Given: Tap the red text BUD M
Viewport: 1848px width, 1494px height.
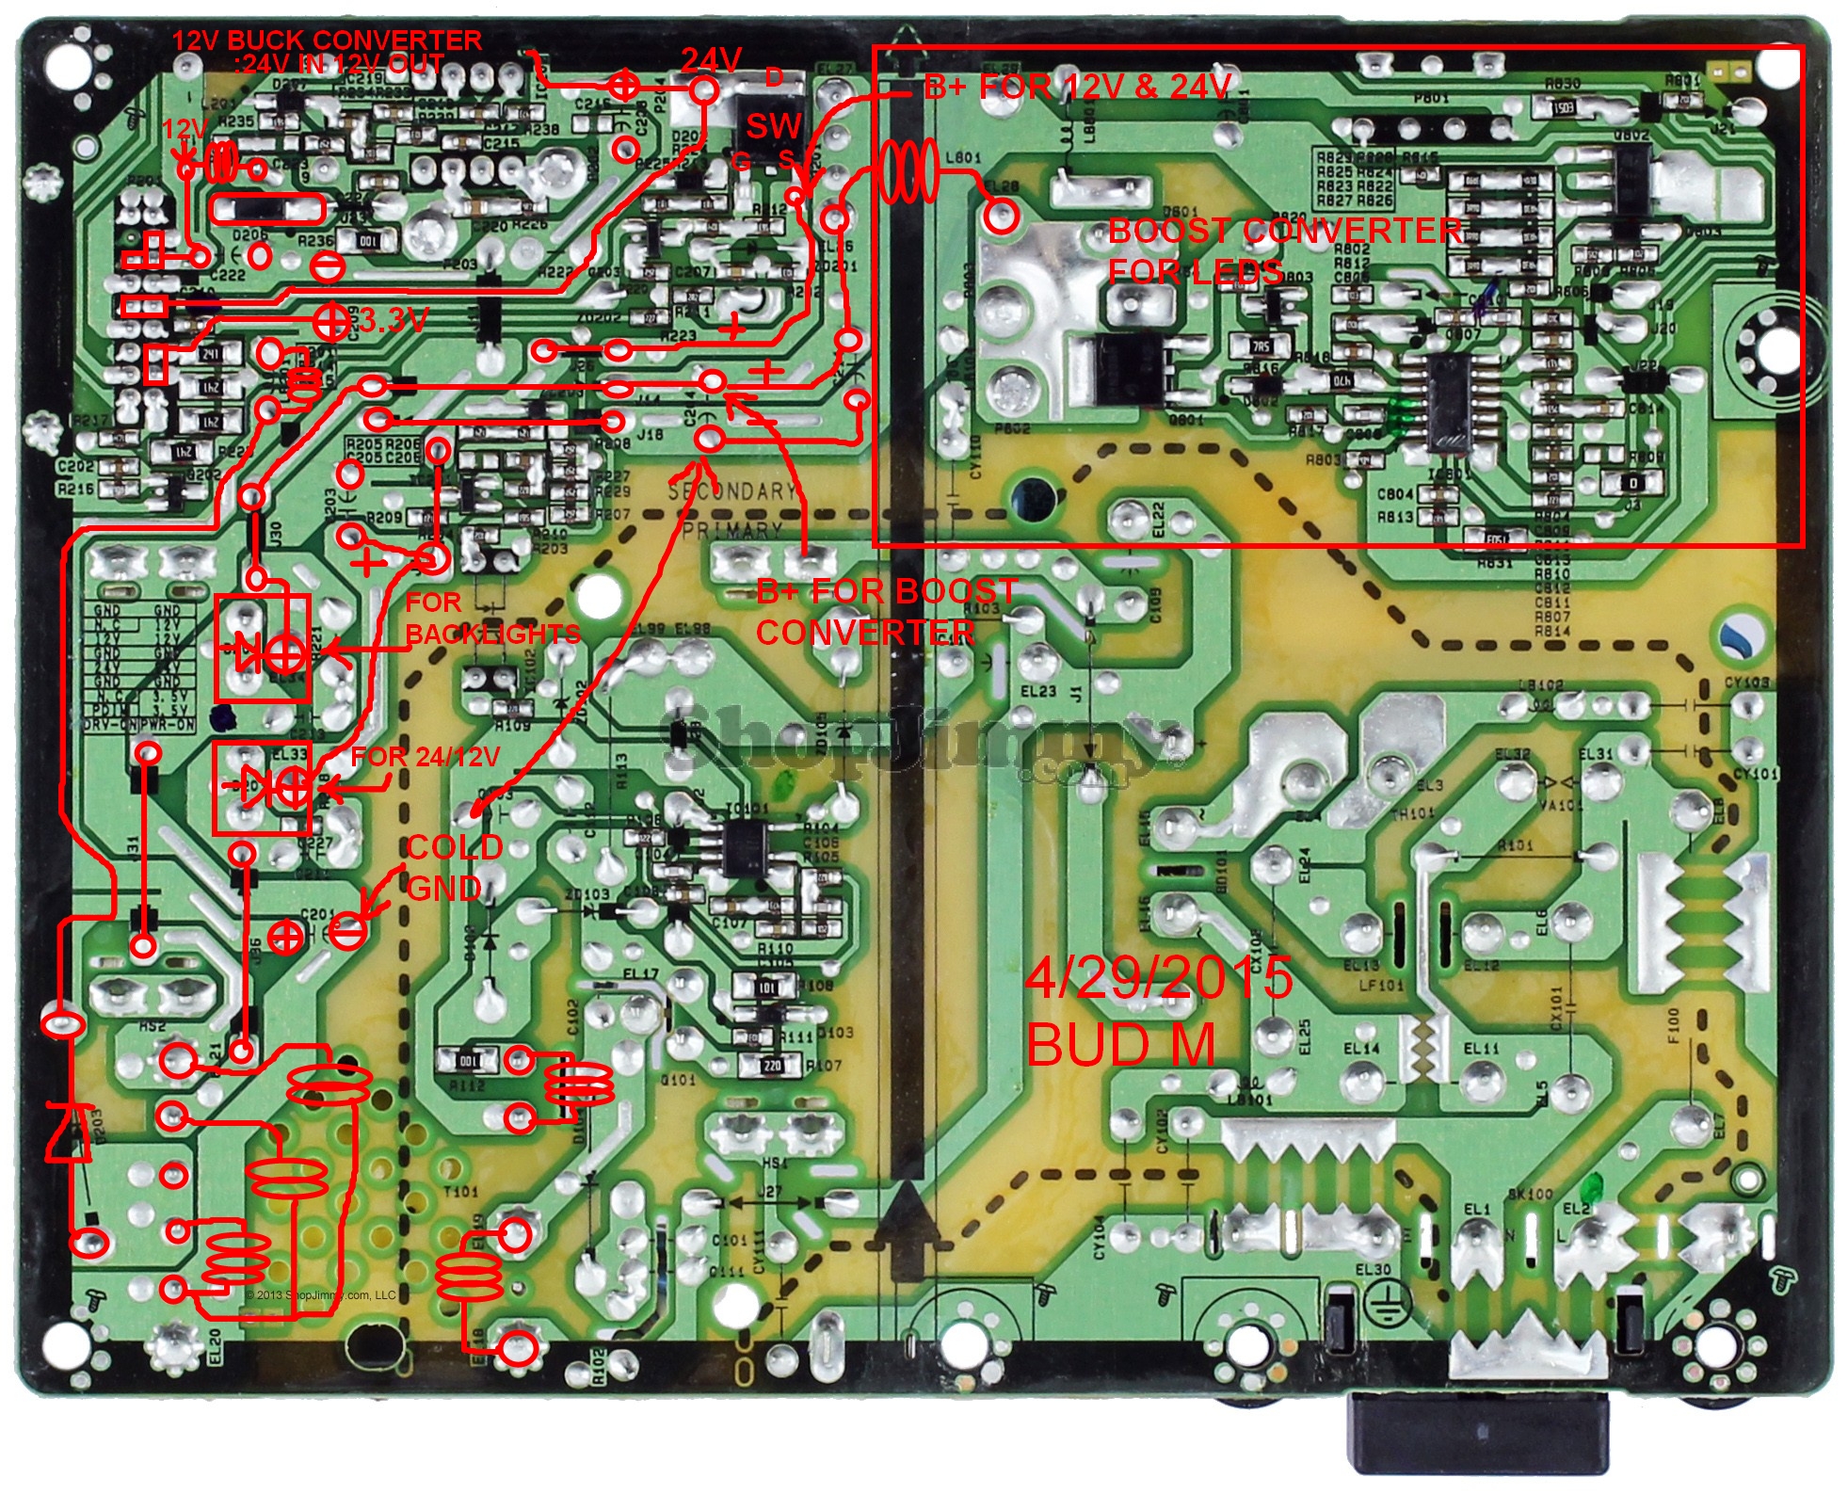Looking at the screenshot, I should pos(1120,1044).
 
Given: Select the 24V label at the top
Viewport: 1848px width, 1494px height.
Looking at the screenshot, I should pos(711,60).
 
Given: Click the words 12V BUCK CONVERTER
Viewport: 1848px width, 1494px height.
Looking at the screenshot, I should pos(327,40).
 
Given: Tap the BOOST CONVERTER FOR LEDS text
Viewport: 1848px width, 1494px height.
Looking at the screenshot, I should pos(1285,250).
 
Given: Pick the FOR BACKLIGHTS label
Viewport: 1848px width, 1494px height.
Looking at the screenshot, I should pos(492,618).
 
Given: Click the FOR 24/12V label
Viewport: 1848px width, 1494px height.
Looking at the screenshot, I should pos(426,756).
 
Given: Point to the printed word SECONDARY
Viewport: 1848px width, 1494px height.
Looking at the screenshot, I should pos(732,490).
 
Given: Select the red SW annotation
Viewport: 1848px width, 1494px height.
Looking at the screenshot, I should pos(774,126).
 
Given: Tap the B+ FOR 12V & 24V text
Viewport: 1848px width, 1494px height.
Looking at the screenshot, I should pos(1078,88).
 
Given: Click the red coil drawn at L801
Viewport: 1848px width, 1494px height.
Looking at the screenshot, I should pos(908,171).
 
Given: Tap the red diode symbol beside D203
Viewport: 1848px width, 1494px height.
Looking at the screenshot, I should pos(69,1134).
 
